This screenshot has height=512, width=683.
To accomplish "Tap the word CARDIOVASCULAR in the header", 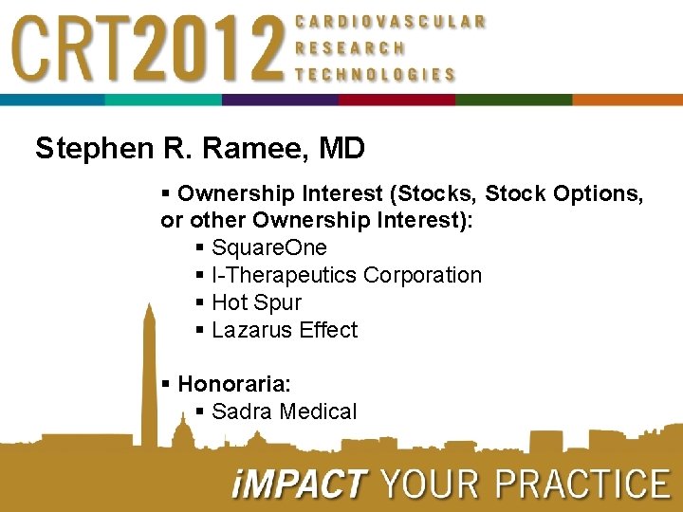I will [391, 21].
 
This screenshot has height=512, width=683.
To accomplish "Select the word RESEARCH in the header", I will [350, 47].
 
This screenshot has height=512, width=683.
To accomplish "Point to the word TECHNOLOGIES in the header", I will [375, 74].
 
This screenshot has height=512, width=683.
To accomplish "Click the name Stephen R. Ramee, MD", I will [200, 149].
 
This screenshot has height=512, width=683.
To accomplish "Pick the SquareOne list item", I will [268, 247].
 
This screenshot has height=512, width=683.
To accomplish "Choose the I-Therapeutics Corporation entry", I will [346, 275].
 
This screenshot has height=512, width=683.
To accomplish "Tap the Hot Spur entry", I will [256, 302].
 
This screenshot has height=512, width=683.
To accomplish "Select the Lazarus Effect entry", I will [285, 330].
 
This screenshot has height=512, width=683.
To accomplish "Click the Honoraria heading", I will [233, 384].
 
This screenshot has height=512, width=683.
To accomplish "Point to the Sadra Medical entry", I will [284, 411].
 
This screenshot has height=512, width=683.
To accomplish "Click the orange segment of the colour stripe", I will [627, 100].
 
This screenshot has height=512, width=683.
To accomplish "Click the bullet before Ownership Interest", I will [166, 193].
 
